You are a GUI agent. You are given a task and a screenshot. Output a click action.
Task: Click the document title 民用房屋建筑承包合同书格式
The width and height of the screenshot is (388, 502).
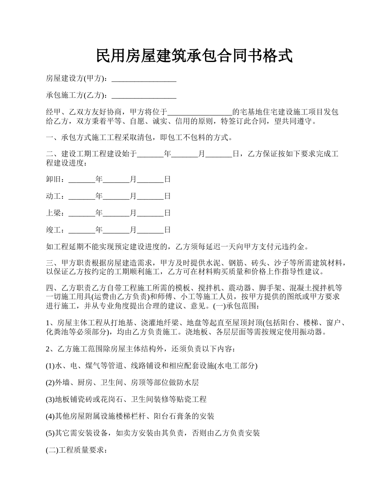[x=194, y=56]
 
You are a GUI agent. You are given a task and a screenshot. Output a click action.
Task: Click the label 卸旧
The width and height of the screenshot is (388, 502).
[x=53, y=179]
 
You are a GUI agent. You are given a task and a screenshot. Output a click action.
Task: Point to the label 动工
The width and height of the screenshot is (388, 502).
[x=53, y=196]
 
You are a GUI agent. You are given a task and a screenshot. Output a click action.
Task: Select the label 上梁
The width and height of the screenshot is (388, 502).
[x=53, y=213]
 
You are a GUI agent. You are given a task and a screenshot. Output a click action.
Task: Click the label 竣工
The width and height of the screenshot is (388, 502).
[x=53, y=230]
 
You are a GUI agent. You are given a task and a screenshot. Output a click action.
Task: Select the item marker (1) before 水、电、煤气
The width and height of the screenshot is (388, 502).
[x=50, y=366]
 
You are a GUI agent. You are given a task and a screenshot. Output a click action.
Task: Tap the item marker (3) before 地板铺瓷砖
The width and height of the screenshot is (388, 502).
[x=50, y=400]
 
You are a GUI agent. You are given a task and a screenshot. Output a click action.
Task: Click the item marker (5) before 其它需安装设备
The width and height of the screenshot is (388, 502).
[x=50, y=433]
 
